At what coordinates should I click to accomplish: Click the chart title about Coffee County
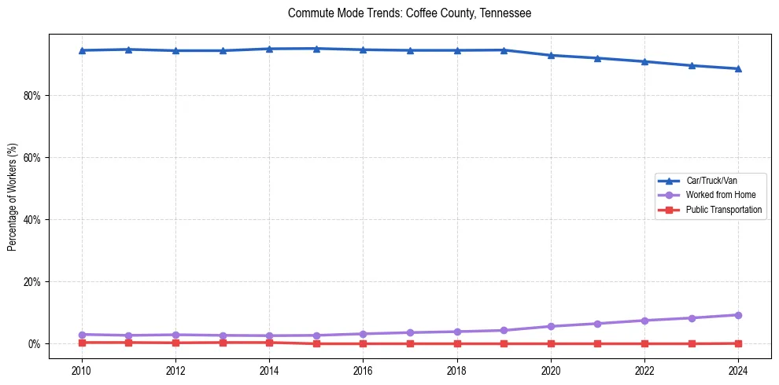click(x=409, y=13)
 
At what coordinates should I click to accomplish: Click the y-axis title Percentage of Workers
click(x=13, y=197)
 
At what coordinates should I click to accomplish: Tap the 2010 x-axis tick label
click(x=82, y=371)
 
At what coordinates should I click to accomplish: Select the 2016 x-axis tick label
click(x=363, y=371)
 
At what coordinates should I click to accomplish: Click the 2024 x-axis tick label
click(x=738, y=371)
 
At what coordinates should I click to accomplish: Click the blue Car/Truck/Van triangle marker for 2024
click(x=738, y=68)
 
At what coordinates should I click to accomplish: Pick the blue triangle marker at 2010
click(x=82, y=50)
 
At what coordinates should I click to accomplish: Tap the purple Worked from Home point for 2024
click(x=738, y=315)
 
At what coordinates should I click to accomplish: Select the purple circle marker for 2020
click(x=551, y=326)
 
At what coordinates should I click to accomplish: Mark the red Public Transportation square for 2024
click(x=738, y=343)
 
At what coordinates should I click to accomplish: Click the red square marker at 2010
click(x=82, y=343)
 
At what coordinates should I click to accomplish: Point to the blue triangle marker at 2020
click(x=551, y=55)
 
